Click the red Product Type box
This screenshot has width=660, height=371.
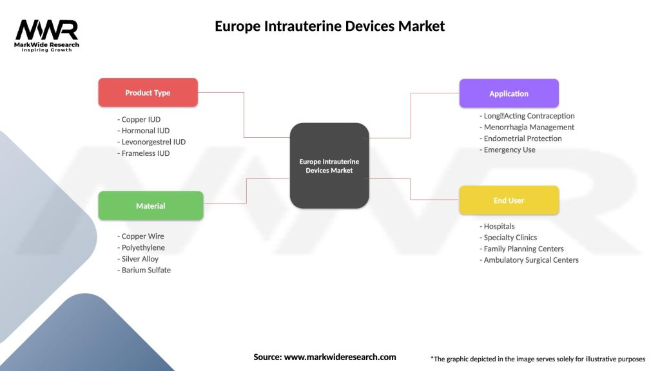[148, 93]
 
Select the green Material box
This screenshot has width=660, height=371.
[150, 206]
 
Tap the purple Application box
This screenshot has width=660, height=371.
[509, 93]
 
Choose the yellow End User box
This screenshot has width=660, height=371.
[509, 200]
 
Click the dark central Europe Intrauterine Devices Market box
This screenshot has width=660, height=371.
[329, 166]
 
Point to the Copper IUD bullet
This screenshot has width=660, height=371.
[139, 120]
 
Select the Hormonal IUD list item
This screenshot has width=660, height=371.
[144, 131]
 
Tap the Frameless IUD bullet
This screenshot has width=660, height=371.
[144, 153]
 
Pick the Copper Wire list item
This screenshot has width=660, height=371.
[141, 236]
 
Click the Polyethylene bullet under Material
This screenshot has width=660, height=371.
[141, 248]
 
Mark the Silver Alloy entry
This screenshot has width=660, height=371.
[138, 259]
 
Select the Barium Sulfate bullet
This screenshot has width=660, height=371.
[144, 271]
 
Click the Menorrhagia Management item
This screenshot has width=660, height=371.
[527, 128]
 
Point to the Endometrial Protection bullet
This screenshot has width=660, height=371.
[521, 138]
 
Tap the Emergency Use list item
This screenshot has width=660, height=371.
[508, 150]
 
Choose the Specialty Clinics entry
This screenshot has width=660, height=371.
[509, 238]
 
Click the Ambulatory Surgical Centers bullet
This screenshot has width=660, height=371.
[529, 260]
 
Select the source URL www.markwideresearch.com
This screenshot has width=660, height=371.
[340, 357]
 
